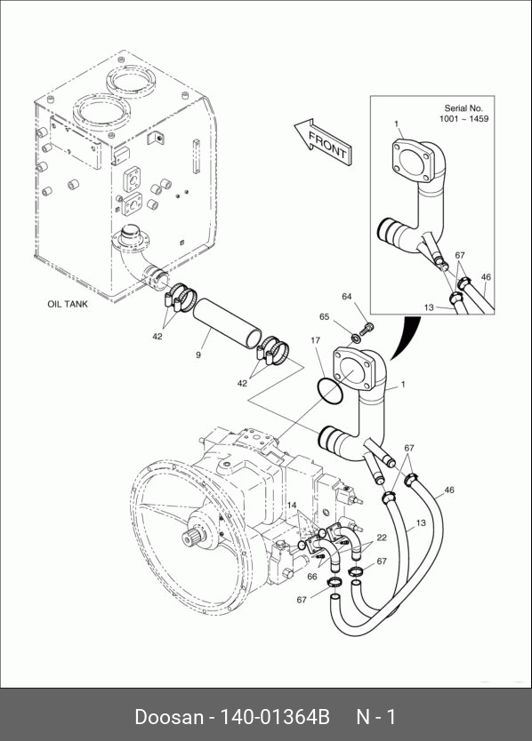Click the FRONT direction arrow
click(x=323, y=142)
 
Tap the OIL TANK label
click(x=68, y=304)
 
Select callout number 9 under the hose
click(x=198, y=355)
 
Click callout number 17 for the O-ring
click(x=316, y=340)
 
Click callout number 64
click(x=347, y=296)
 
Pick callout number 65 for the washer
click(x=324, y=316)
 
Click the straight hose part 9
click(x=228, y=323)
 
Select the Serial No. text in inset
click(x=463, y=108)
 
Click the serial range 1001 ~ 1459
click(x=463, y=119)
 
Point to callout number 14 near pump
click(x=292, y=506)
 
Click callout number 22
click(x=382, y=538)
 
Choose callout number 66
click(x=312, y=576)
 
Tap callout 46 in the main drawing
click(x=448, y=490)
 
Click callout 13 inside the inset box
click(x=429, y=307)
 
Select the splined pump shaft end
click(x=191, y=538)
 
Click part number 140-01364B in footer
click(x=272, y=717)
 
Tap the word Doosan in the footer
click(x=169, y=717)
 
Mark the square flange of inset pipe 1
click(x=412, y=160)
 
